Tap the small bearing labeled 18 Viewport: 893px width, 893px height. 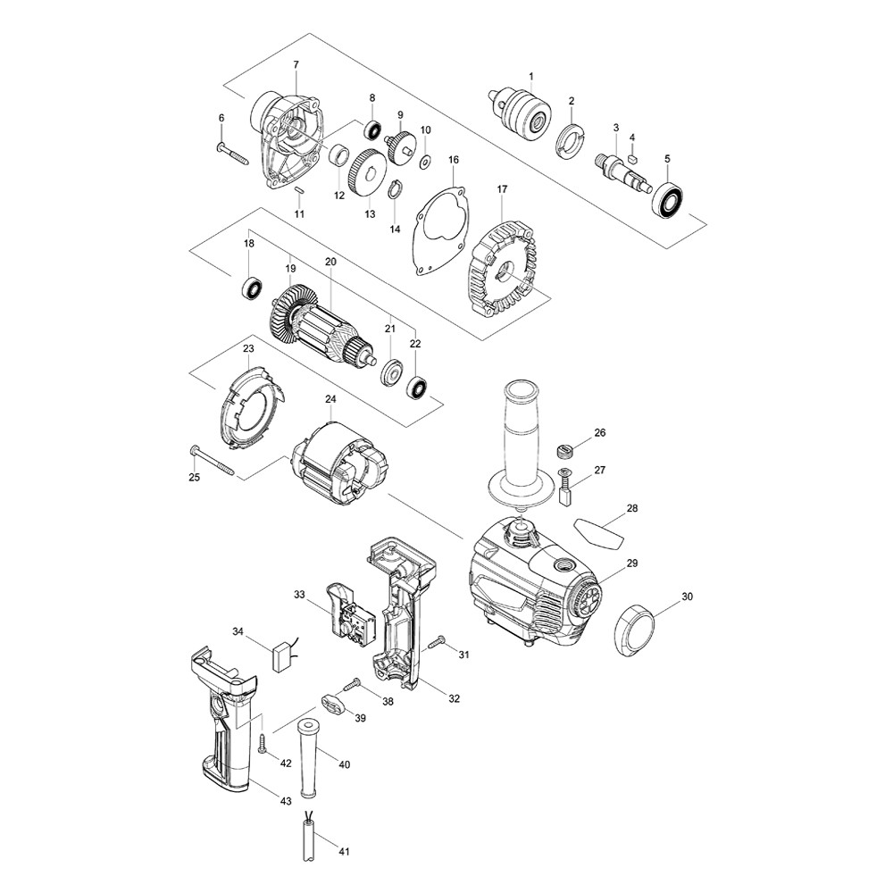(251, 288)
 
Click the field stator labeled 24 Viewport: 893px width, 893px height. (340, 463)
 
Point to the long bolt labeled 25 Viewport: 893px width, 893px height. (211, 459)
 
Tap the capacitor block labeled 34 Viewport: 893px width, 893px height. (285, 658)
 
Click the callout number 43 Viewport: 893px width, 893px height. (286, 801)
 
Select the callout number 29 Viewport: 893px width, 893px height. (632, 563)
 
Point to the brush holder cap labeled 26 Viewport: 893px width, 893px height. (563, 451)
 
